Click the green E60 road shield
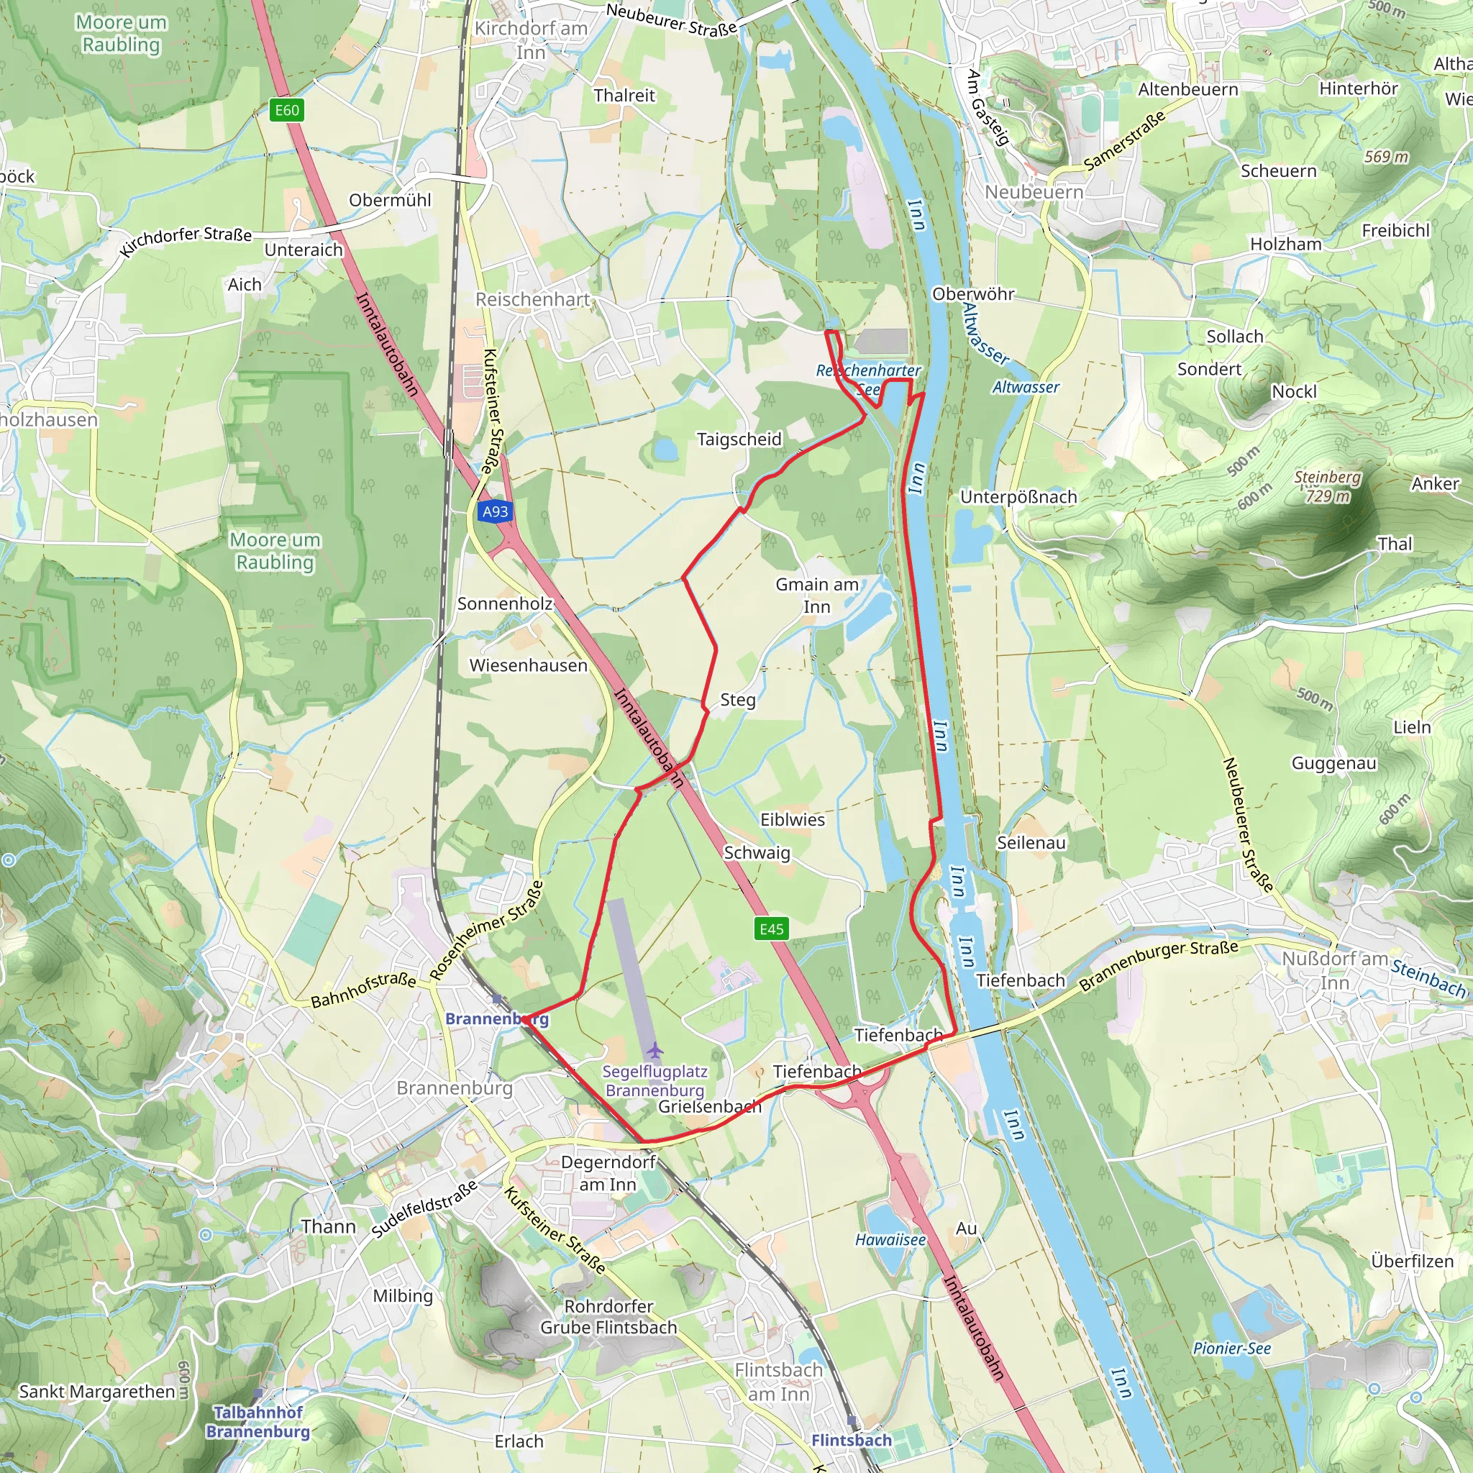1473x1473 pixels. coord(287,111)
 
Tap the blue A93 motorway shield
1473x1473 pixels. coord(495,511)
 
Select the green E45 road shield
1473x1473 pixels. coord(771,929)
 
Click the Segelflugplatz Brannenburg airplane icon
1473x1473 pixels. coord(655,1052)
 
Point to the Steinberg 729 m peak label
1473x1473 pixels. coord(1328,486)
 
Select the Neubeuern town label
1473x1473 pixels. coord(1034,192)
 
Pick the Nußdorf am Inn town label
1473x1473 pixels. coord(1334,970)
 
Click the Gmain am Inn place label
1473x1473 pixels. coord(816,596)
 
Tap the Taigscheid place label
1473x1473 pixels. coord(739,439)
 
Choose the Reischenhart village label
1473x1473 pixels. coord(532,300)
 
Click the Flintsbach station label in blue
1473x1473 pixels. coord(851,1440)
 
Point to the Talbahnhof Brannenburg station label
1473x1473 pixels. coord(257,1422)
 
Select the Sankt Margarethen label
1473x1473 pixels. coord(97,1392)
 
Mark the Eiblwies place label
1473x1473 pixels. coord(792,820)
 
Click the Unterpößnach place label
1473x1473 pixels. coord(1018,497)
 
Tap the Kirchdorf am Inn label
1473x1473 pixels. coord(531,40)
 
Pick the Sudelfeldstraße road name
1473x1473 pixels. coord(424,1208)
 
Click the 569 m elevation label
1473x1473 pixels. coord(1386,157)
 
